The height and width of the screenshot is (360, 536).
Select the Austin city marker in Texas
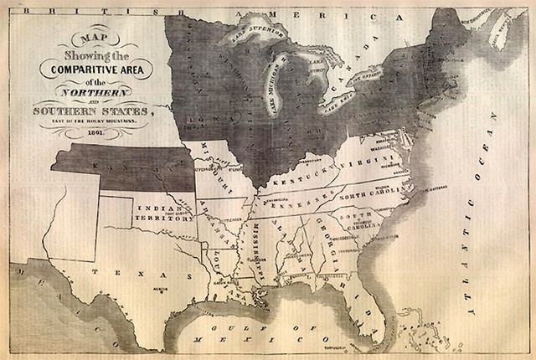156,288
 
